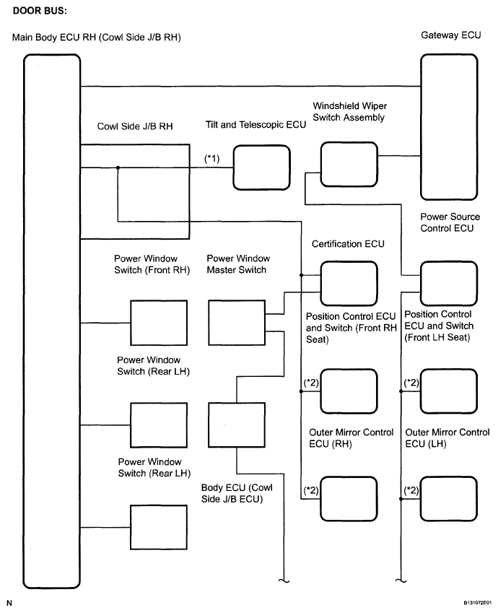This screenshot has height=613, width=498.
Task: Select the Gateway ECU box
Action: click(x=449, y=126)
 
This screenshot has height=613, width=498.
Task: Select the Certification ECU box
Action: click(x=349, y=283)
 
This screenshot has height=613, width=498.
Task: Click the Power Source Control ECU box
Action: click(x=449, y=283)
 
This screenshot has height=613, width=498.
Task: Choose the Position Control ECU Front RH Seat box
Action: click(x=349, y=391)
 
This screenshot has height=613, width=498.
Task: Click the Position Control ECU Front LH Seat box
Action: click(x=449, y=391)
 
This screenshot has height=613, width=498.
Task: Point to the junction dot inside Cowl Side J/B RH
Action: click(x=117, y=168)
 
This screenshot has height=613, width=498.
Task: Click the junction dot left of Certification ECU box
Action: click(x=300, y=275)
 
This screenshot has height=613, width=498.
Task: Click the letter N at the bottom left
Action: click(x=9, y=602)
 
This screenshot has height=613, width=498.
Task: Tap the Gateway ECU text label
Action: click(x=450, y=35)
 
